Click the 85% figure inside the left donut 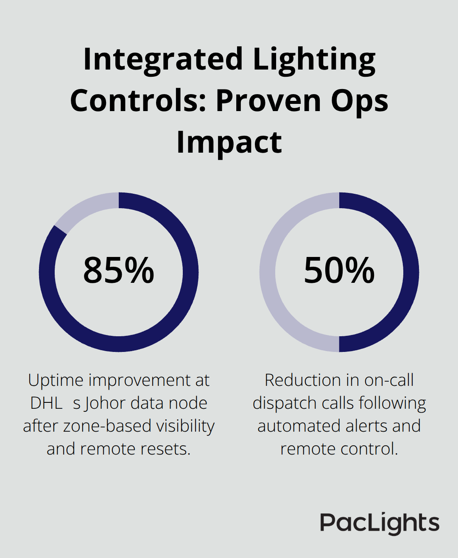coord(118,271)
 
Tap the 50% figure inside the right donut coord(339,271)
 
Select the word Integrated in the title coord(163,59)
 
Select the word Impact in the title coord(229,142)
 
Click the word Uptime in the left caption coord(56,380)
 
